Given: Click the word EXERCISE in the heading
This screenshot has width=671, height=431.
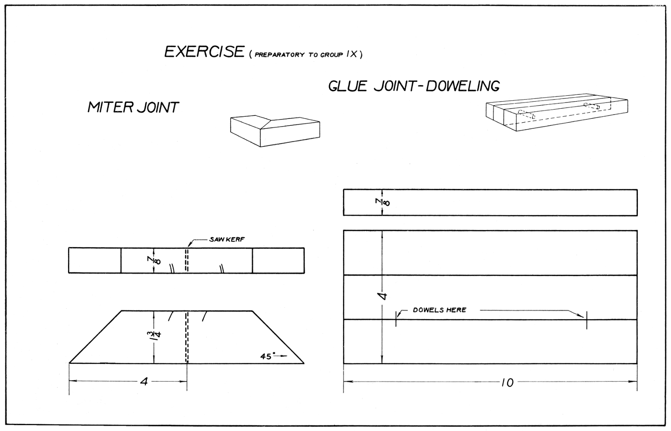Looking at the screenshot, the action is pyautogui.click(x=204, y=51).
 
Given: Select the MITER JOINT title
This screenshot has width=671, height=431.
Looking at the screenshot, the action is pyautogui.click(x=133, y=107).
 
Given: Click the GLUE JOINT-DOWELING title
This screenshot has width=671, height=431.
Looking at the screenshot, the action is pyautogui.click(x=414, y=86).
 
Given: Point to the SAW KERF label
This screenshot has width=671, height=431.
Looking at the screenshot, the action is pyautogui.click(x=227, y=239).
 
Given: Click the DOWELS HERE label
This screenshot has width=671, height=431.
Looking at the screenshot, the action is pyautogui.click(x=439, y=310).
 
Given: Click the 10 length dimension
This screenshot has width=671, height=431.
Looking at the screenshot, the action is pyautogui.click(x=507, y=383).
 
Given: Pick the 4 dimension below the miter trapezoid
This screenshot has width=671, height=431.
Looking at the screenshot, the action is pyautogui.click(x=144, y=382).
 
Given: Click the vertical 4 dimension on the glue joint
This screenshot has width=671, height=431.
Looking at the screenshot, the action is pyautogui.click(x=382, y=296).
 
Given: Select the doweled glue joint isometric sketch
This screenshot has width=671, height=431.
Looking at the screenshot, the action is pyautogui.click(x=556, y=112).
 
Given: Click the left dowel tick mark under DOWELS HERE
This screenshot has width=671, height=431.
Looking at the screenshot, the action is pyautogui.click(x=396, y=319).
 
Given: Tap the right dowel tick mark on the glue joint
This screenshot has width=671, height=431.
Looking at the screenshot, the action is pyautogui.click(x=586, y=320).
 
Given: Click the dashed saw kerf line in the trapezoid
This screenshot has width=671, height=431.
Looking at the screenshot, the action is pyautogui.click(x=187, y=337).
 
